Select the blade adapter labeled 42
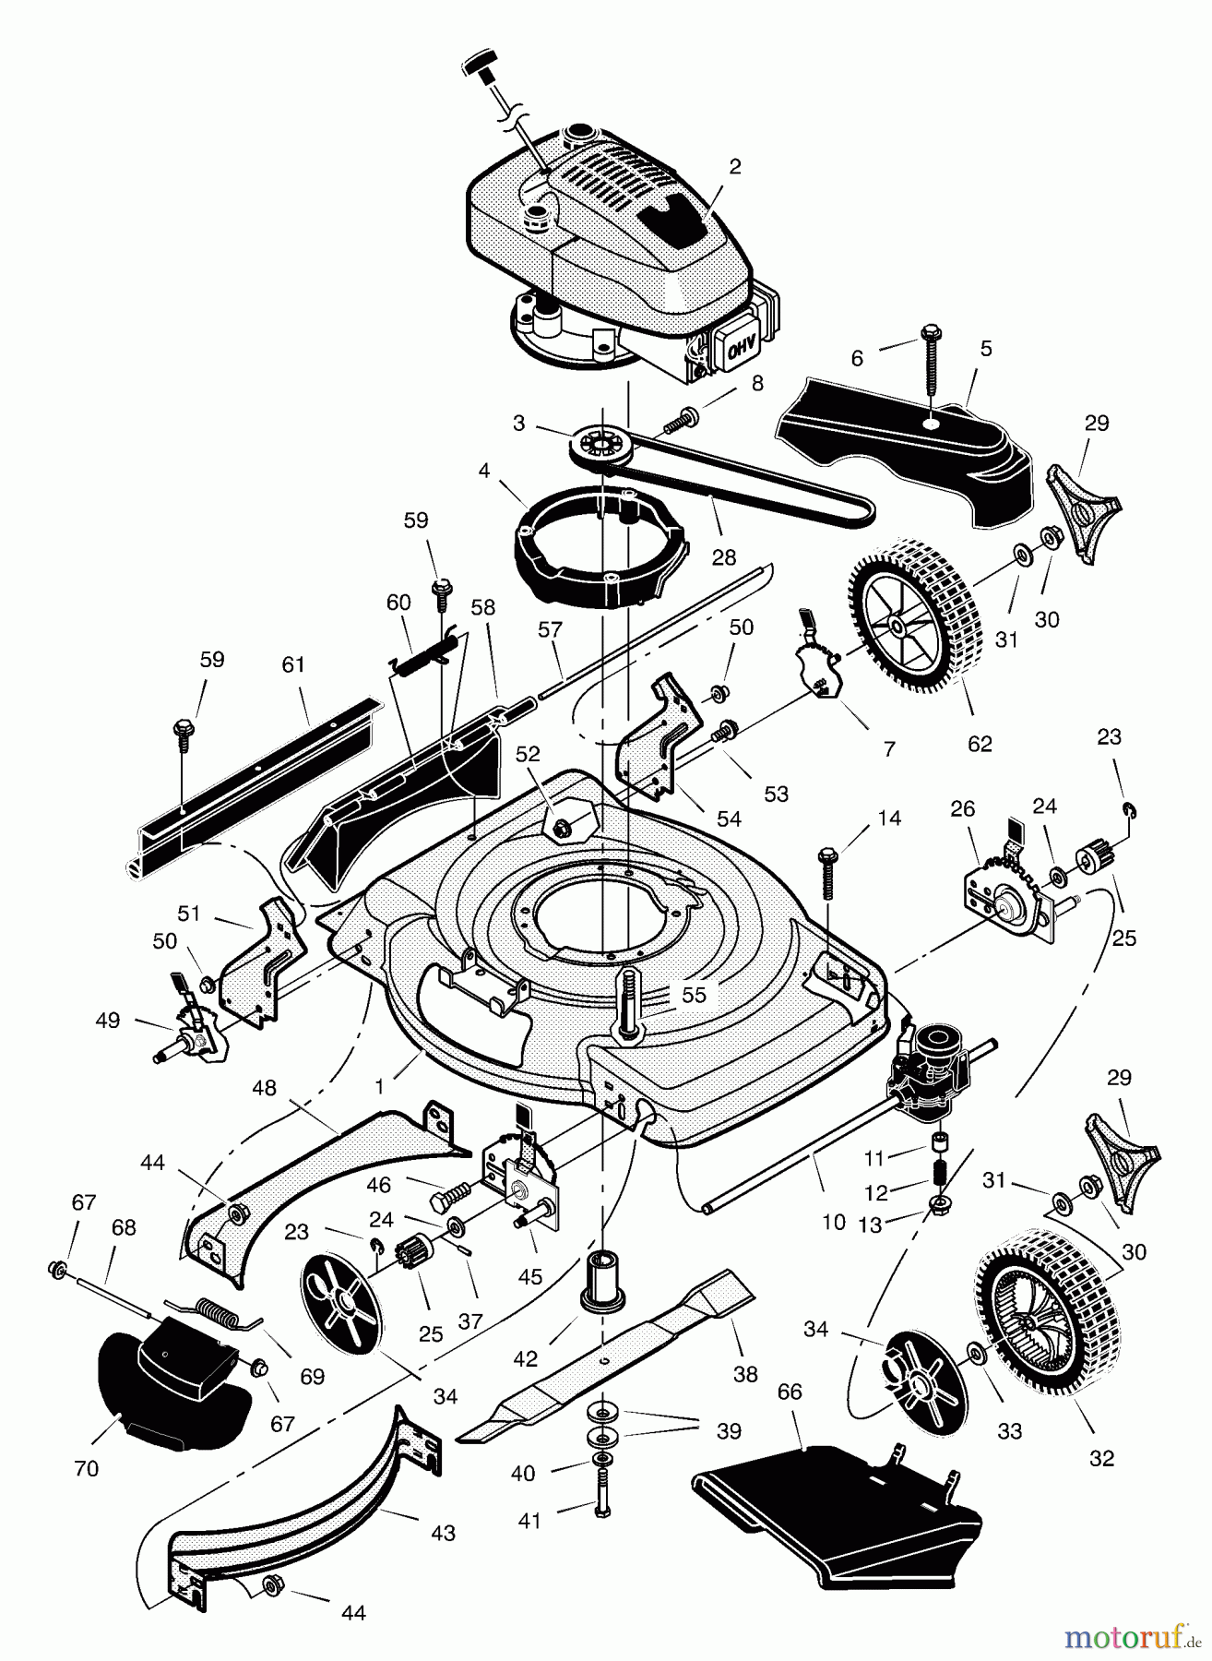600,1280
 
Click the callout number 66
790,1392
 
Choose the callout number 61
293,664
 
